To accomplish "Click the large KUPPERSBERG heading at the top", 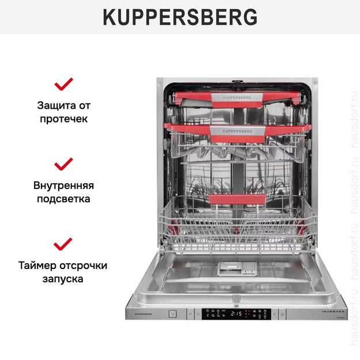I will click(x=180, y=17).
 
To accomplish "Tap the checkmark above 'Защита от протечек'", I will click(x=63, y=84).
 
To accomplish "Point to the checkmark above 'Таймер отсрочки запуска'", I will click(x=63, y=244).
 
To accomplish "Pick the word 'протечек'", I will click(x=63, y=119).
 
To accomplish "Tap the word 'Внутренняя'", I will click(x=63, y=185).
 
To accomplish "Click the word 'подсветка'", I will click(x=63, y=199).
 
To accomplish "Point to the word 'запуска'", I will click(x=63, y=279).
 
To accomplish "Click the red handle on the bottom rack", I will click(x=237, y=199).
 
